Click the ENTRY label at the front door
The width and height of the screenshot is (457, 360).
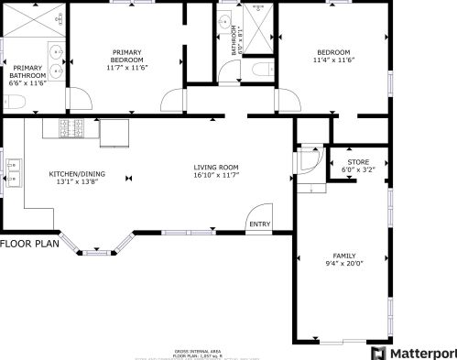[x=259, y=224]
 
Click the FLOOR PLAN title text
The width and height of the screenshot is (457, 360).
[x=30, y=245]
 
